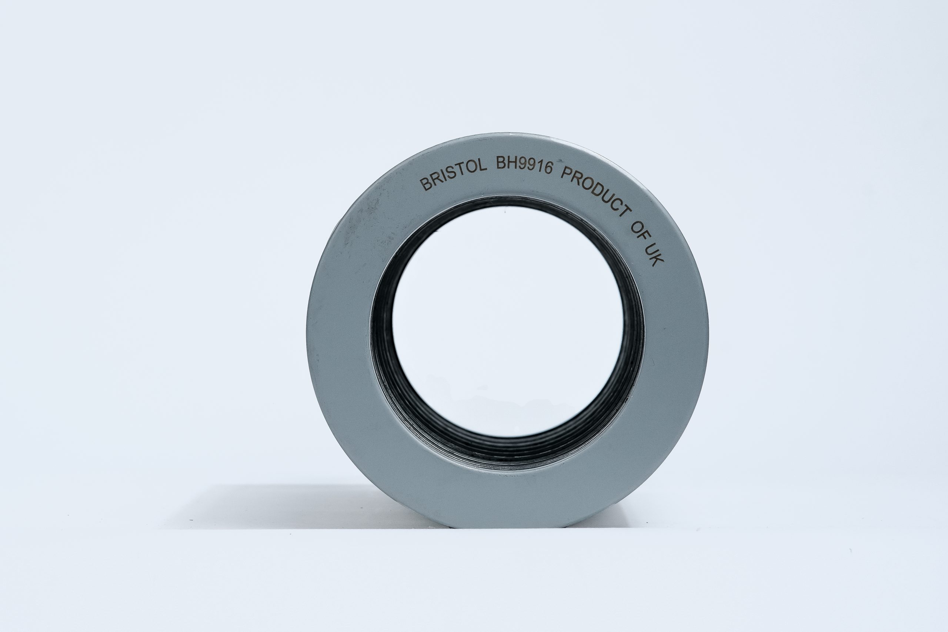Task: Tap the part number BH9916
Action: pyautogui.click(x=524, y=165)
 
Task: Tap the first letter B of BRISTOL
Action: pyautogui.click(x=425, y=185)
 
